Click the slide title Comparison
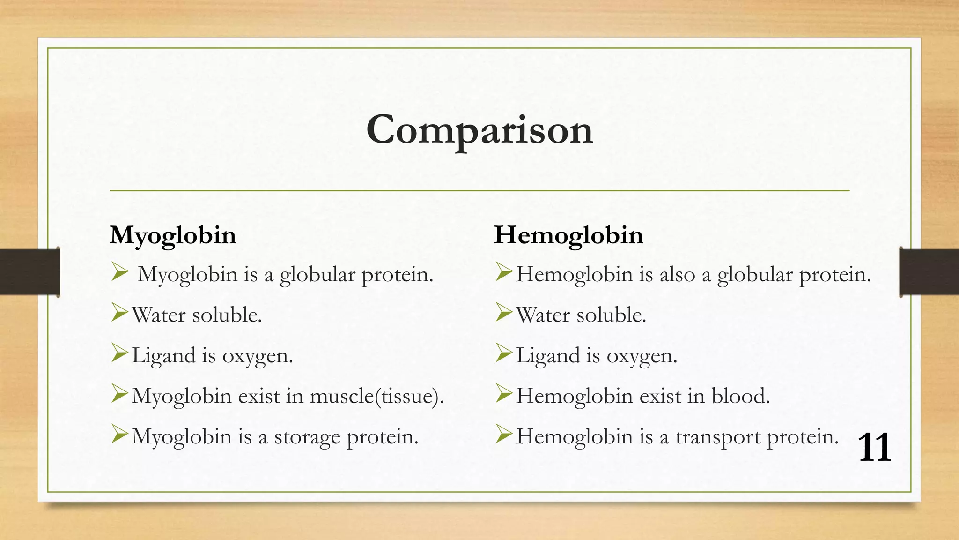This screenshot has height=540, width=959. [x=479, y=130]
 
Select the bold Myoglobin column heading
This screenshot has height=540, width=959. [x=173, y=235]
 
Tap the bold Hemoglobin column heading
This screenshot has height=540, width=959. [x=568, y=235]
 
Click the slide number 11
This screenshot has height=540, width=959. [x=874, y=448]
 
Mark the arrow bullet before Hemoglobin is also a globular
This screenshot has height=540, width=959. [x=504, y=272]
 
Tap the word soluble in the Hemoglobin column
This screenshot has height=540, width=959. [x=611, y=315]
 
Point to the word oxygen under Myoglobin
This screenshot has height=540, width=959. [x=257, y=356]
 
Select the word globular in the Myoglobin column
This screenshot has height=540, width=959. [x=317, y=275]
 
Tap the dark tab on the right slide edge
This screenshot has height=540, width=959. [x=929, y=272]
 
